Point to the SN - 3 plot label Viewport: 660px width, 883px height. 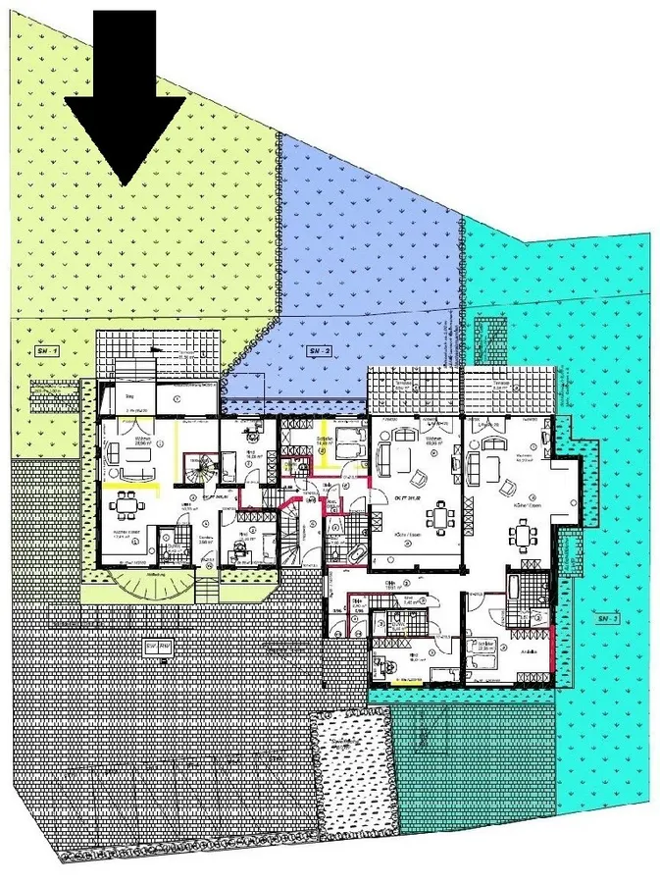click(604, 619)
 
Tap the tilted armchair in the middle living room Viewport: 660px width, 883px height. click(420, 478)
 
